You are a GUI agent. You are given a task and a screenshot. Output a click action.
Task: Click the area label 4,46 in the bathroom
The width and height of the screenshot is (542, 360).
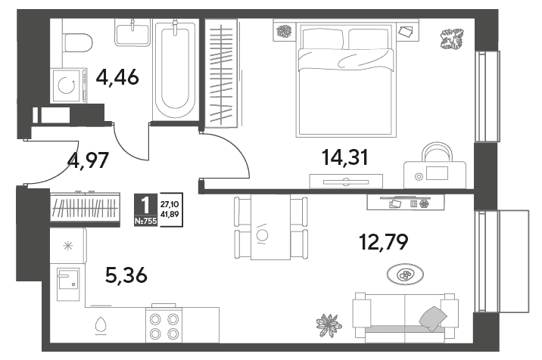pyautogui.click(x=117, y=77)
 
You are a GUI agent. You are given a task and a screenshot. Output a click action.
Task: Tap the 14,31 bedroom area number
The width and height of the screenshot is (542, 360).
pyautogui.click(x=345, y=157)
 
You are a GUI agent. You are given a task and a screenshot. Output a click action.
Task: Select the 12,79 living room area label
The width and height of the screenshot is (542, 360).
pyautogui.click(x=384, y=242)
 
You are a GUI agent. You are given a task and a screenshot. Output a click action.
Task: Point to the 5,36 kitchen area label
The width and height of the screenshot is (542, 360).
pyautogui.click(x=126, y=275)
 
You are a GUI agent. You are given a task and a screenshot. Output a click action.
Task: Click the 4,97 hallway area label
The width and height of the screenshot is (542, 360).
pyautogui.click(x=89, y=160)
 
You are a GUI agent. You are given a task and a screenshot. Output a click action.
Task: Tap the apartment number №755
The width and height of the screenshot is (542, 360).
pyautogui.click(x=146, y=221)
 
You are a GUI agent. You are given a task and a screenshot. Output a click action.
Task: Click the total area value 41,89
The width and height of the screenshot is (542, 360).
pyautogui.click(x=170, y=214)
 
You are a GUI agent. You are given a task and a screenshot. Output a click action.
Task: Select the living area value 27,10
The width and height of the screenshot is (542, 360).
pyautogui.click(x=170, y=204)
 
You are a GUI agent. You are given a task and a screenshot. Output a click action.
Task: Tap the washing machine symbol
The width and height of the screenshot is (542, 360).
pyautogui.click(x=68, y=85)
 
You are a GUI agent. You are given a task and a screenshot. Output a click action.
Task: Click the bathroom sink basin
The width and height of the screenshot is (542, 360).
pyautogui.click(x=132, y=33)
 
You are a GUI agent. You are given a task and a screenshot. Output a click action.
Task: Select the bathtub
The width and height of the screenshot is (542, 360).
pyautogui.click(x=176, y=69)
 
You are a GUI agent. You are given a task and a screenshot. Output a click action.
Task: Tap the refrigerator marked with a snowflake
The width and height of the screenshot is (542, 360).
pyautogui.click(x=68, y=246)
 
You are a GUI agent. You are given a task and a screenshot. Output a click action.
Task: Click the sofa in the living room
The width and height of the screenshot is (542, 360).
pyautogui.click(x=405, y=316)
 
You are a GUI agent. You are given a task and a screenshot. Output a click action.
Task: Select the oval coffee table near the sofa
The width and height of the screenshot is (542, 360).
pyautogui.click(x=405, y=275)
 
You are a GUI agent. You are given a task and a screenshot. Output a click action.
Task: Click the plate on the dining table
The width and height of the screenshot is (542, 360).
pyautogui.click(x=263, y=235)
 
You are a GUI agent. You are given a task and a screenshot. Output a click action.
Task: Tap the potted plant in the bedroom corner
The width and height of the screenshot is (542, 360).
pyautogui.click(x=452, y=39)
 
